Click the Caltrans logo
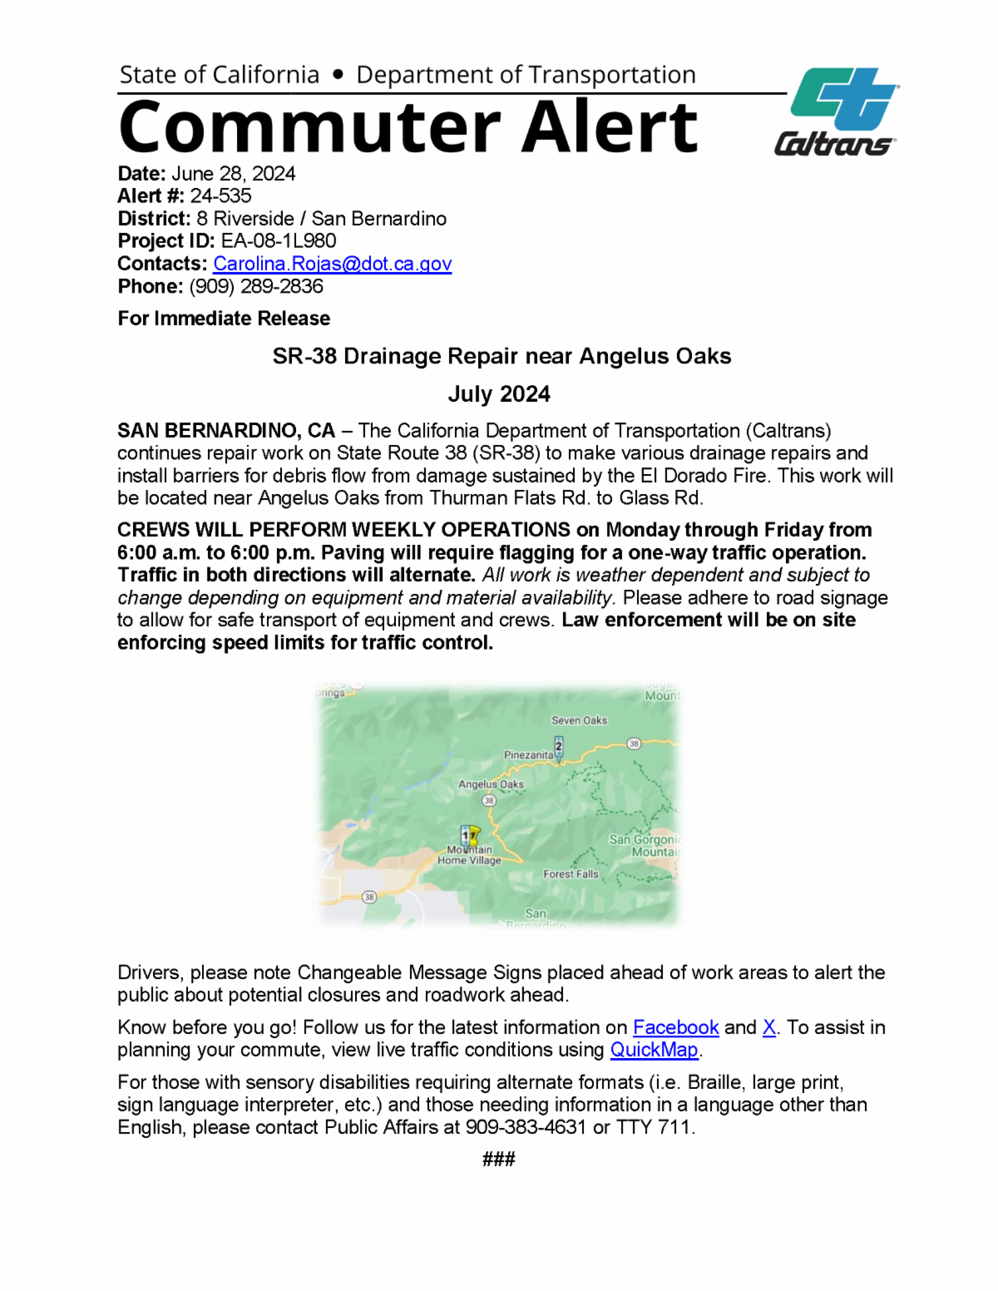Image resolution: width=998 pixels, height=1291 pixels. tap(837, 112)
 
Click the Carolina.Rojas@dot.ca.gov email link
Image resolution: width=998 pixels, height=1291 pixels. tap(332, 264)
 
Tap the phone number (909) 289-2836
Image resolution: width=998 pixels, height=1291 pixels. tap(256, 286)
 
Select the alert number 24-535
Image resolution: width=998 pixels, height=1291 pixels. tap(220, 196)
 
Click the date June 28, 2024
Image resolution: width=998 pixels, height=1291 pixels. tap(233, 174)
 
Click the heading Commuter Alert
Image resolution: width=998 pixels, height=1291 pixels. tap(408, 127)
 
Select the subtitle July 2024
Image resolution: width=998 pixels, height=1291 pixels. tap(499, 394)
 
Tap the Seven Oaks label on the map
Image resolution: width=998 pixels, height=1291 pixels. tap(579, 720)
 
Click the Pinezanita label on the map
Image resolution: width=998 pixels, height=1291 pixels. tap(528, 755)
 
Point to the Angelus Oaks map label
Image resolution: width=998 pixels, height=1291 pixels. tap(491, 784)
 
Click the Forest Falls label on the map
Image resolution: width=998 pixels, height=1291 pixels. tap(571, 874)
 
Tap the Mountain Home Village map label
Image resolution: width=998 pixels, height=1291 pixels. tap(469, 856)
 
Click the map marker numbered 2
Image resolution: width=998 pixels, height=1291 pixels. tap(559, 746)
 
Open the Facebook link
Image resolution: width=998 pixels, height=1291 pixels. tap(675, 1028)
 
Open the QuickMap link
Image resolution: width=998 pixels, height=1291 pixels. tap(654, 1051)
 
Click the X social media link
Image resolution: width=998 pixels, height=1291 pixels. tap(769, 1028)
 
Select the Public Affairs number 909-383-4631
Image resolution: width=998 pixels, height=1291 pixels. tap(526, 1128)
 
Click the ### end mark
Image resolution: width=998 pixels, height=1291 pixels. tap(499, 1159)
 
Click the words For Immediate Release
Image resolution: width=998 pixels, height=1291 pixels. tap(224, 319)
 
